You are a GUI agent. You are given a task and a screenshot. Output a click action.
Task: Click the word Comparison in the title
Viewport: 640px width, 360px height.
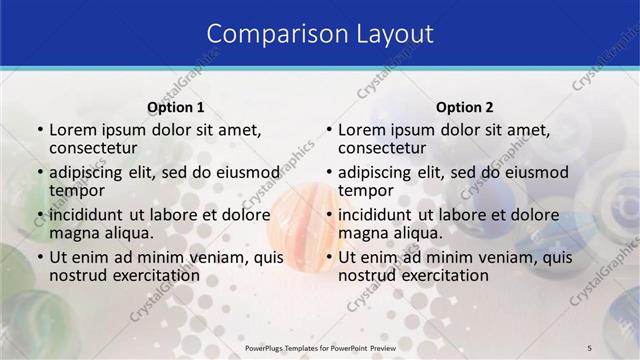268,33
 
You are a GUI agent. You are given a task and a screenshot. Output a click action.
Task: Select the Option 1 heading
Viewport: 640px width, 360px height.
176,107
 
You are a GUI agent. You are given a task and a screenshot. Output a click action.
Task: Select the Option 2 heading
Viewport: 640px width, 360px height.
465,107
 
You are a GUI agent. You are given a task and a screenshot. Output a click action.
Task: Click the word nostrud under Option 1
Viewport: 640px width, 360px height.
78,275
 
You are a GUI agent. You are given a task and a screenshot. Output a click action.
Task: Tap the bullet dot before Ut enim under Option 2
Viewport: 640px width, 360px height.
330,258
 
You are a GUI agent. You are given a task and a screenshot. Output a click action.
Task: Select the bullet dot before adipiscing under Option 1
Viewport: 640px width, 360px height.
41,172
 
